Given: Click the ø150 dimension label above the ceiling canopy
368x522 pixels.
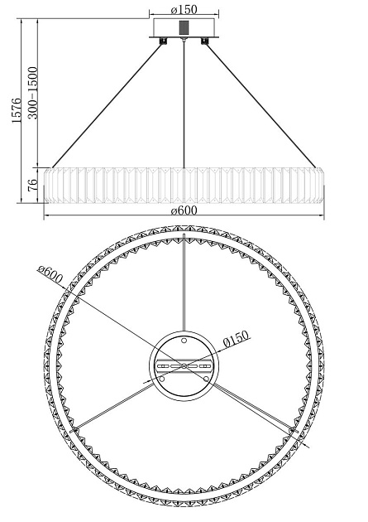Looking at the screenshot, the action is [x=184, y=9].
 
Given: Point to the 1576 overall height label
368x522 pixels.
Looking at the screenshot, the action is [x=17, y=110].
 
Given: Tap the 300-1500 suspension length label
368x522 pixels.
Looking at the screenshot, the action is [x=33, y=93].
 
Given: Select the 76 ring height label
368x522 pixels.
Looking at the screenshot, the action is [x=32, y=185].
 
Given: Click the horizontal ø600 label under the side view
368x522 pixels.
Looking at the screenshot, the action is [x=184, y=210].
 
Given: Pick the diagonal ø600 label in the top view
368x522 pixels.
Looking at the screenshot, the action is [x=50, y=274].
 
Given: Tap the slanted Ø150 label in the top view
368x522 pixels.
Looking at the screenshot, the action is [x=236, y=339].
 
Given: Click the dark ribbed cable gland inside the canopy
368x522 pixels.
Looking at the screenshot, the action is [x=184, y=27].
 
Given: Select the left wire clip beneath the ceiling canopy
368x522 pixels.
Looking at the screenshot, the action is [x=163, y=41].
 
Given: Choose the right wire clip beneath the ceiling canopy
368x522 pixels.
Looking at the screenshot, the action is [x=204, y=41].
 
